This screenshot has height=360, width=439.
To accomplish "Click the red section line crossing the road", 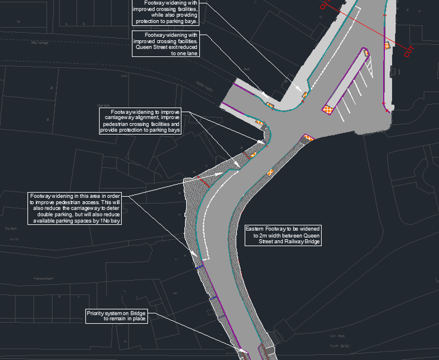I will (x=363, y=29).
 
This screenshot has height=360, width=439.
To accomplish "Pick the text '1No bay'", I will (x=110, y=221).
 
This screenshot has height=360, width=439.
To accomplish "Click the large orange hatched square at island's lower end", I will (x=328, y=109).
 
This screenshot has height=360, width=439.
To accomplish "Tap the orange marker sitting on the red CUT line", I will (x=386, y=45).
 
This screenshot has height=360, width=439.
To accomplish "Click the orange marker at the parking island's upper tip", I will (x=366, y=53).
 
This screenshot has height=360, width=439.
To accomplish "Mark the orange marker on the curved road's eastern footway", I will (x=270, y=172).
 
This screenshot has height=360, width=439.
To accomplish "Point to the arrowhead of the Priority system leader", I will (x=244, y=350).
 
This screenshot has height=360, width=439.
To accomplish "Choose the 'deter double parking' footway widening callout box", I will (x=75, y=209).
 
